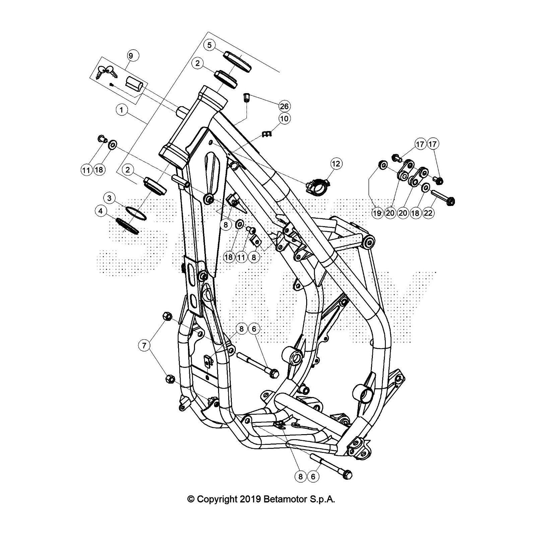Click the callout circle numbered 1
122,110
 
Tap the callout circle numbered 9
131,56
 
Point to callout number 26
284,106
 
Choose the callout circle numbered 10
284,119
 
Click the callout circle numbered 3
109,198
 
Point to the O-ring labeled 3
136,213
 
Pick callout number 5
209,45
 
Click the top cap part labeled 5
238,61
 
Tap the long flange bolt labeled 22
442,197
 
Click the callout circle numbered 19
377,213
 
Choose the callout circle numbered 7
144,345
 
